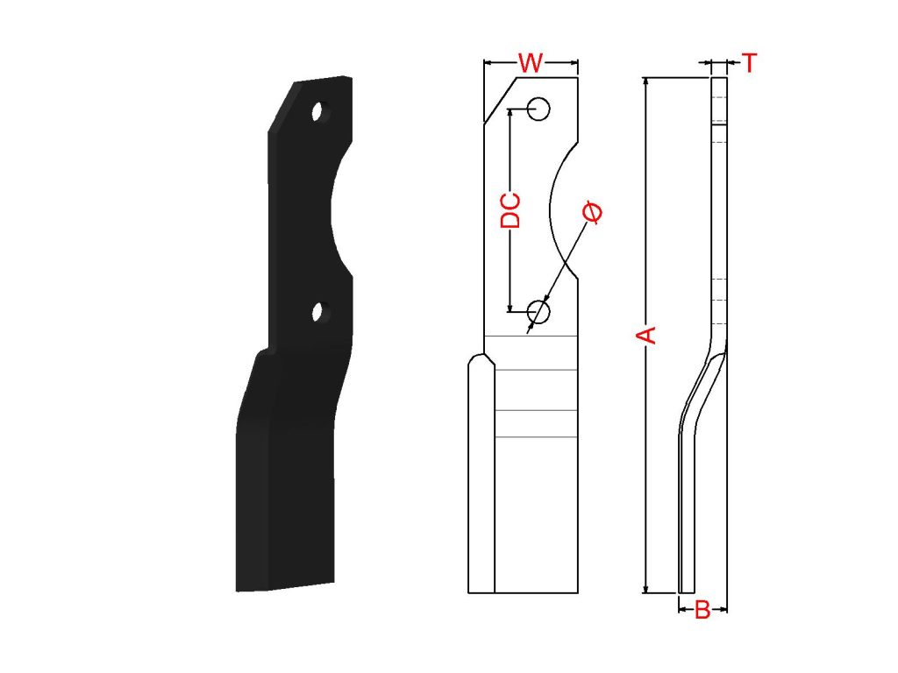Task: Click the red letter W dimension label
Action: click(x=531, y=62)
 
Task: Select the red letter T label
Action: click(x=749, y=62)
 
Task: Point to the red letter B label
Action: click(x=702, y=610)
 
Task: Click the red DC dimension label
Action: click(x=510, y=211)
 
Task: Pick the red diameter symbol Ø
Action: click(x=592, y=212)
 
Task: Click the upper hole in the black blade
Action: click(x=319, y=111)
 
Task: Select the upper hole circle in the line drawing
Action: click(x=538, y=109)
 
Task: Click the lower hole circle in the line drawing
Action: click(x=538, y=312)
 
